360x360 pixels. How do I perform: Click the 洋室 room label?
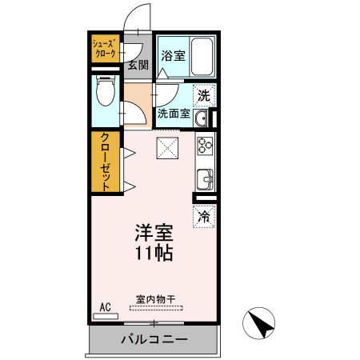click(x=153, y=234)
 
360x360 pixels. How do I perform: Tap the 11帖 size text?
click(x=153, y=254)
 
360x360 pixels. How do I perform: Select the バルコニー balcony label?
click(x=154, y=339)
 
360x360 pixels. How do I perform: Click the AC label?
click(x=105, y=306)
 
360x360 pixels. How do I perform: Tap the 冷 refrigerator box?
click(x=204, y=216)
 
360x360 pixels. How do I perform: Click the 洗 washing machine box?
click(x=204, y=95)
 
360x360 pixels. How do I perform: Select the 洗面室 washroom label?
click(x=173, y=114)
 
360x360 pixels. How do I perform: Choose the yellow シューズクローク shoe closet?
click(x=105, y=48)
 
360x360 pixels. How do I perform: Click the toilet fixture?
click(x=105, y=94)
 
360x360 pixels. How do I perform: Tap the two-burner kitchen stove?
click(x=204, y=146)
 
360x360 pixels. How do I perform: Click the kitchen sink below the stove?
click(x=204, y=178)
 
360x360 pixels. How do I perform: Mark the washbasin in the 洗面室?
click(x=202, y=119)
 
